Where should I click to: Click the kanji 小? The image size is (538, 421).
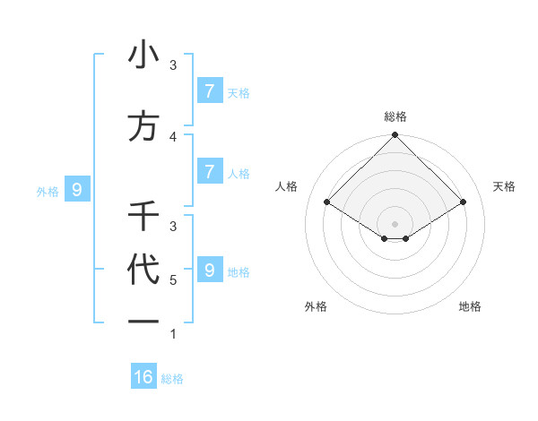(x=143, y=56)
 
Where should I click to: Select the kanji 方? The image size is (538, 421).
(x=143, y=126)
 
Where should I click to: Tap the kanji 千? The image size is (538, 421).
(x=143, y=216)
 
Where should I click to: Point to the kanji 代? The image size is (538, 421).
(x=143, y=271)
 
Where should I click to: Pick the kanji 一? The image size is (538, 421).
(x=143, y=321)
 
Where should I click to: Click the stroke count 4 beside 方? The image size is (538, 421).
(x=174, y=136)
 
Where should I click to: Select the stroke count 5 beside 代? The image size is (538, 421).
(x=173, y=280)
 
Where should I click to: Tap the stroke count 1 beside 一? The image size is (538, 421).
(x=173, y=334)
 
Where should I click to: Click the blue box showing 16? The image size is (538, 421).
(x=143, y=377)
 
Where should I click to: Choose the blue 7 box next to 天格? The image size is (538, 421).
(x=209, y=90)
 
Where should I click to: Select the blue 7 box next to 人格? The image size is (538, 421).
(x=209, y=171)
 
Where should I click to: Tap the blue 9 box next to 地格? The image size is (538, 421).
(x=209, y=270)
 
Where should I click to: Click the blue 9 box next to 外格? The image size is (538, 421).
(x=77, y=189)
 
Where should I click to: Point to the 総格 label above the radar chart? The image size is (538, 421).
(x=395, y=116)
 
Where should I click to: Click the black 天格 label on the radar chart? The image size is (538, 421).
(x=505, y=186)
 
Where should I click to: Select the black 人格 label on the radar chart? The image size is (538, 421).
(x=287, y=186)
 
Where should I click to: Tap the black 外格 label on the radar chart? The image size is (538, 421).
(x=316, y=306)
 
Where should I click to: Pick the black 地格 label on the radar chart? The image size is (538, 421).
(x=470, y=306)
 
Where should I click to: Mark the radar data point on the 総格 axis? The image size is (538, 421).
(x=395, y=135)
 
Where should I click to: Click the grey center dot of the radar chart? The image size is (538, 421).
(x=395, y=224)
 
